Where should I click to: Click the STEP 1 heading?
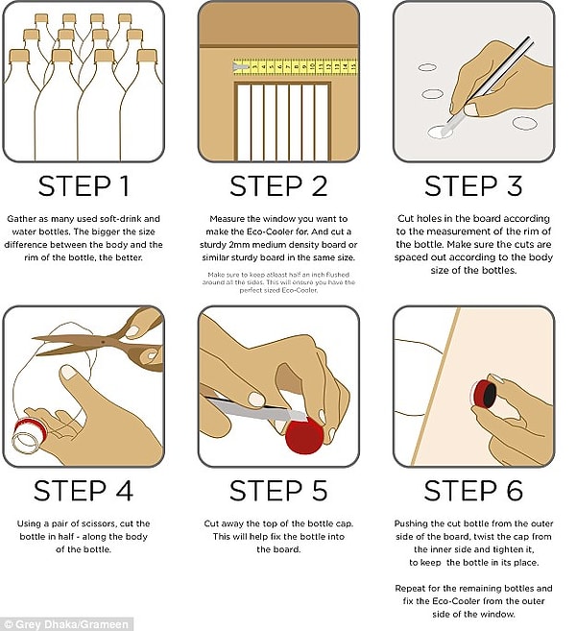tap(84, 186)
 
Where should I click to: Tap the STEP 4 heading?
tap(84, 491)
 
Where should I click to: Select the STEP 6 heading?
tap(473, 491)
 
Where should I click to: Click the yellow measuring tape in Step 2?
tap(295, 66)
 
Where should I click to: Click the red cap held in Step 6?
tap(484, 395)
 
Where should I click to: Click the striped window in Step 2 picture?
tap(282, 122)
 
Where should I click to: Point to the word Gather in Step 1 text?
tap(22, 219)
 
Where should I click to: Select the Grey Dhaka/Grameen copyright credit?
tap(66, 624)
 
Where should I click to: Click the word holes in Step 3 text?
tap(427, 219)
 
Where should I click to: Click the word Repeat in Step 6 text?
tap(409, 589)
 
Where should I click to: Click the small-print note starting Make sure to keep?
tap(278, 282)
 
